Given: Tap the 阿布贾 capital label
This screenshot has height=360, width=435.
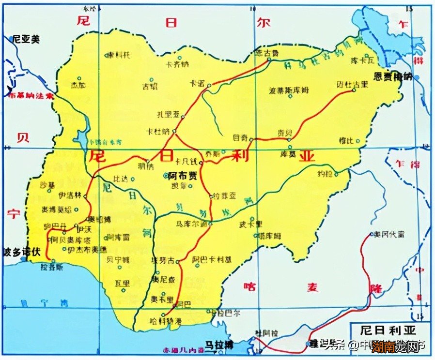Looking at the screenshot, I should click(x=183, y=176).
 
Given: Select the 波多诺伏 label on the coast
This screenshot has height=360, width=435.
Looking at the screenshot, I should click(x=20, y=252).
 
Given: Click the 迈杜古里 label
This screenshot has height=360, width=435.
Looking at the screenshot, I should click(x=352, y=84).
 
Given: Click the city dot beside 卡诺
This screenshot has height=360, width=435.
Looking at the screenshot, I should click(x=209, y=86).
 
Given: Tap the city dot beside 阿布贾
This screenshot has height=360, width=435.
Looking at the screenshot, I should click(x=163, y=177).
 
